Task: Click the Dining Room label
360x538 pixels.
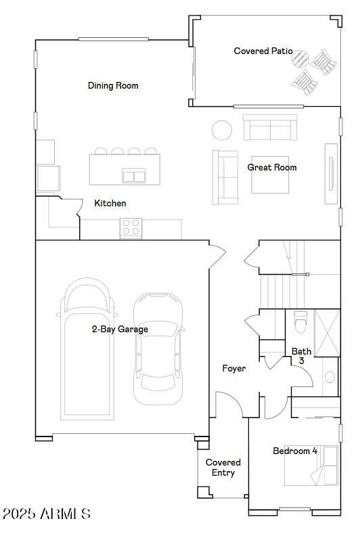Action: [113, 86]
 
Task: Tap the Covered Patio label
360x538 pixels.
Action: [263, 51]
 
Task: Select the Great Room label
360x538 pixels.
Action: [271, 167]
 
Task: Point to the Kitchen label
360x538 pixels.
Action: [110, 203]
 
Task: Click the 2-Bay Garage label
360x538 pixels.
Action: [120, 330]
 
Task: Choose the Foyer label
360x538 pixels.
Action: [234, 369]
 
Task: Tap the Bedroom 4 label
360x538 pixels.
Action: [295, 451]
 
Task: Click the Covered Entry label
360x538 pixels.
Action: [223, 468]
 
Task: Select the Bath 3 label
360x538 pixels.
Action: [301, 356]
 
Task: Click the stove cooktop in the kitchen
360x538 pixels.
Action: [131, 228]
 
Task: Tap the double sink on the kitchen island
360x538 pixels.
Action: [134, 176]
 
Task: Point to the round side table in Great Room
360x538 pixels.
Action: [222, 130]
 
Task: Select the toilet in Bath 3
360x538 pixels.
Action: [301, 322]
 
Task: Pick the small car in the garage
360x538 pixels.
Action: [158, 349]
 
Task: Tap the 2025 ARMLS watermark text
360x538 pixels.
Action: [46, 514]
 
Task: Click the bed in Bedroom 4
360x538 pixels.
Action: [312, 465]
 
